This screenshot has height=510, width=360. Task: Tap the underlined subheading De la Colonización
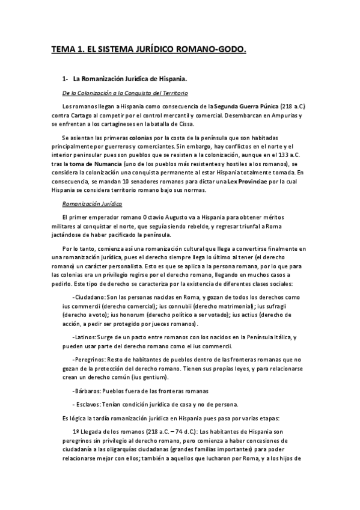[x=125, y=93]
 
